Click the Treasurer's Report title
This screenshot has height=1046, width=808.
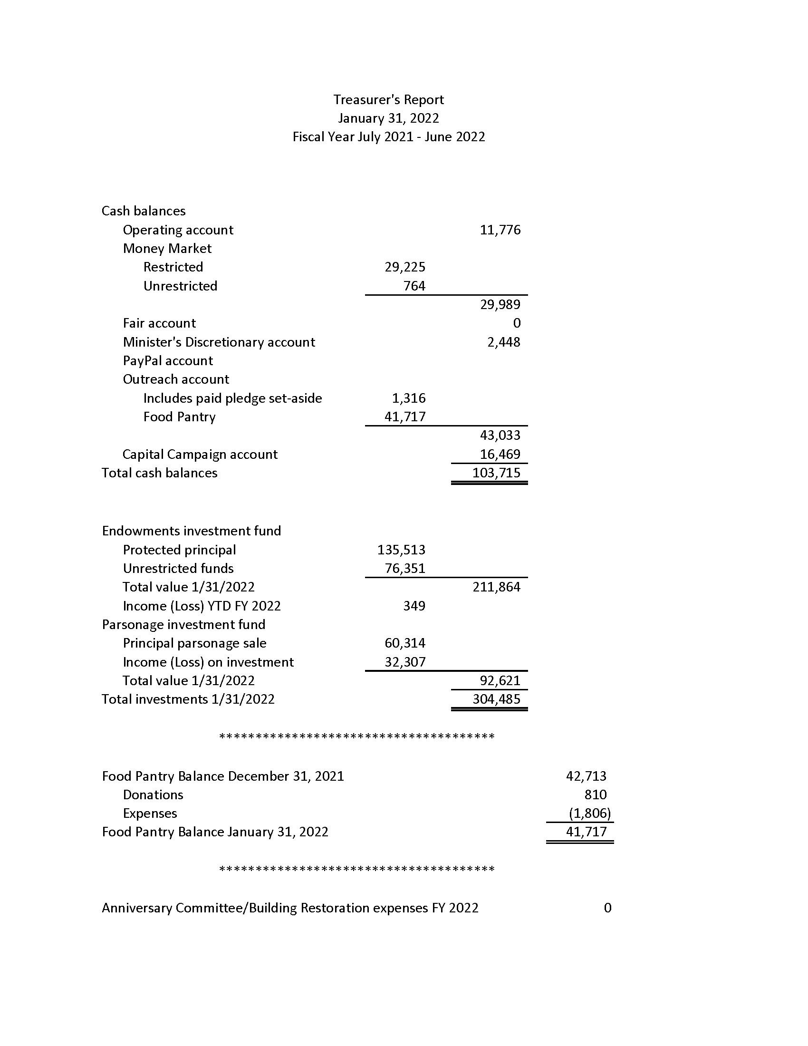[x=388, y=100]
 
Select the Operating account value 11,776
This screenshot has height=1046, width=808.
[x=500, y=230]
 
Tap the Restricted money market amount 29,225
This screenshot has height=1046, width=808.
[x=404, y=267]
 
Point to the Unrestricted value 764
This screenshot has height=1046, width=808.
[x=414, y=286]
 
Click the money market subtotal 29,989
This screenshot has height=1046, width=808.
[x=500, y=305]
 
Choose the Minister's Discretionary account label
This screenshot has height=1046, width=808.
[x=219, y=342]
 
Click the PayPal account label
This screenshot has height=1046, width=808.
[x=167, y=361]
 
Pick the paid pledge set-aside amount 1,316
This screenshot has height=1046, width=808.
[x=408, y=398]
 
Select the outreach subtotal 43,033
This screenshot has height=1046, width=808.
[x=500, y=436]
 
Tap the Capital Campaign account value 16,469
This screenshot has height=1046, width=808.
[x=500, y=454]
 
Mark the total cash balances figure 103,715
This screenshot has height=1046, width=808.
[x=496, y=473]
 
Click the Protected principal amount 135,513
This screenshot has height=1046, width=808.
[x=401, y=550]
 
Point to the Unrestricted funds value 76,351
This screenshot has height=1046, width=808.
[x=404, y=569]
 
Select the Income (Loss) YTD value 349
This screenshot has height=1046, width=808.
[x=414, y=606]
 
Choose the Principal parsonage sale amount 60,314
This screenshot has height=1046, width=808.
[x=404, y=643]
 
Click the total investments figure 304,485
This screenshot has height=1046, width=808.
[x=496, y=699]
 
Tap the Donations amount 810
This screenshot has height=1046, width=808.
[x=595, y=795]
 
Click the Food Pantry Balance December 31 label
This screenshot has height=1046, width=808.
[x=222, y=776]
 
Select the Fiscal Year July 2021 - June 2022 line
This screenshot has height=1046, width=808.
[x=388, y=137]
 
